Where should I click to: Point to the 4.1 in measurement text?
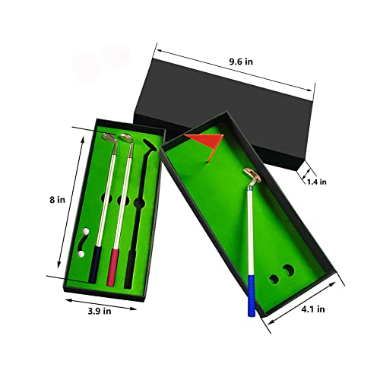tap(313, 309)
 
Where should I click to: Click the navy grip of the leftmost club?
tap(93, 264)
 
